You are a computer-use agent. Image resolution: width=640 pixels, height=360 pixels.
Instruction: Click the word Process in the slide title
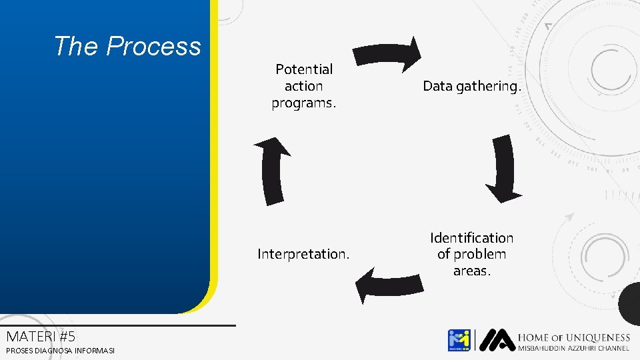point(153,46)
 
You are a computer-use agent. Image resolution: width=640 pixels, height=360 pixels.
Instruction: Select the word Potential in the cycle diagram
point(304,69)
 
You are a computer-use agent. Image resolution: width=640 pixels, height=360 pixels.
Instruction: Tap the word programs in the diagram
point(303,103)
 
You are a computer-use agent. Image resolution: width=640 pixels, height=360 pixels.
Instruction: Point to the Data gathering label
point(471,86)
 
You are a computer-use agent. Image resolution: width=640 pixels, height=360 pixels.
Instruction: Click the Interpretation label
point(303,254)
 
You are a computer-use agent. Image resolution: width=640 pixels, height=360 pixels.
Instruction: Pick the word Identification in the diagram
point(471,238)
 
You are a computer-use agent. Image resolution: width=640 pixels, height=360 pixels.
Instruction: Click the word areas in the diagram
point(471,271)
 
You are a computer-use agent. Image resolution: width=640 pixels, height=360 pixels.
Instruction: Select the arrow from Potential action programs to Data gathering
point(387,53)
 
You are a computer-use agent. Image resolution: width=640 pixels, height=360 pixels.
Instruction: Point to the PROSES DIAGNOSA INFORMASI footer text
point(60,351)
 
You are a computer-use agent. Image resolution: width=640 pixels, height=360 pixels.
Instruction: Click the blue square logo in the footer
point(459,340)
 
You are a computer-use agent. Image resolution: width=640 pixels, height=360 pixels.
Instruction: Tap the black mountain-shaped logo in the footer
point(496,340)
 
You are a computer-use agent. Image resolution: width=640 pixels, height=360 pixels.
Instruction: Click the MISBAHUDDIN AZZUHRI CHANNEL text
point(573,349)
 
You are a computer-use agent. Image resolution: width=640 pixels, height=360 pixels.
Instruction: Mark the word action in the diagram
point(303,86)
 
